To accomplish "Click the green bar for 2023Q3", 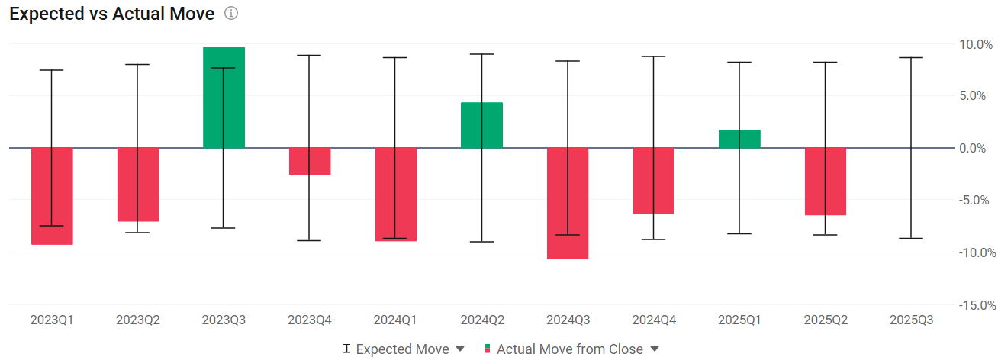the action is click(224, 98).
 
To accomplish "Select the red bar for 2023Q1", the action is click(52, 196).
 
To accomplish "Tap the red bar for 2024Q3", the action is click(568, 203).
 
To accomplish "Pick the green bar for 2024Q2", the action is click(481, 125).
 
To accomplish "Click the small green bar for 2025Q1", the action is click(739, 139).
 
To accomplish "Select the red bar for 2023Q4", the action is click(310, 161).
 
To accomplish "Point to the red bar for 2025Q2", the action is click(825, 182).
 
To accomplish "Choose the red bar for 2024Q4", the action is click(654, 181).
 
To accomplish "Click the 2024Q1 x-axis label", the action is click(395, 320).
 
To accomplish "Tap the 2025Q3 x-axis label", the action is click(911, 320).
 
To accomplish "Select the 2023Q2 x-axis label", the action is click(137, 320).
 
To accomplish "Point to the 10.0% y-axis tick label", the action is click(975, 44).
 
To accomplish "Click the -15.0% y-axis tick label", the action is click(977, 305).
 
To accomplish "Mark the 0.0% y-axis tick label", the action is click(972, 148).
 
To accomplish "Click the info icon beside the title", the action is click(230, 14).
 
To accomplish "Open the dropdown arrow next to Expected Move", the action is click(460, 349).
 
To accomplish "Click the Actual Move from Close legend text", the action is click(570, 349).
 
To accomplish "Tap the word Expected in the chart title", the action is click(47, 14).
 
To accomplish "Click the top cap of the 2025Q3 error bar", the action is click(911, 57).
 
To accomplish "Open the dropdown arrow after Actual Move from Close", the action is click(655, 349).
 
